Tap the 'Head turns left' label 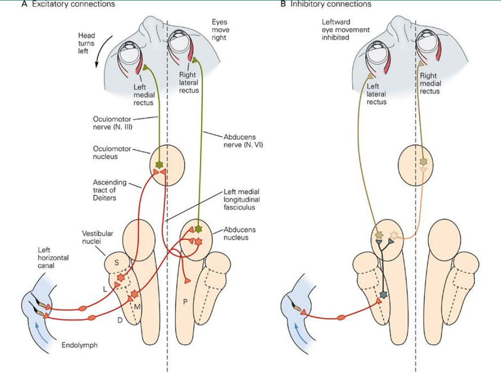tap(86, 43)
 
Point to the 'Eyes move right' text tap(219, 30)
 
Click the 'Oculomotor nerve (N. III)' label tap(114, 123)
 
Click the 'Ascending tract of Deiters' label tap(110, 190)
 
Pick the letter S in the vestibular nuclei tap(117, 263)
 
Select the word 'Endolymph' tap(80, 345)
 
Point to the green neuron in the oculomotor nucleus tap(159, 164)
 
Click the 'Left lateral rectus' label tap(376, 94)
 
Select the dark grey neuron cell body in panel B tap(383, 295)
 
